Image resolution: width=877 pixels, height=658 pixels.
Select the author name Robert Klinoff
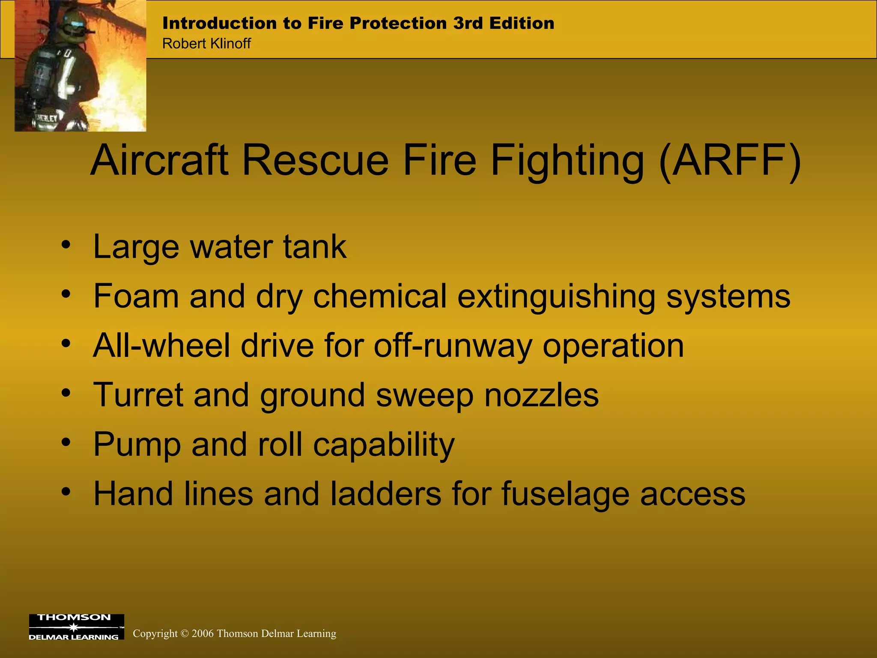pos(206,44)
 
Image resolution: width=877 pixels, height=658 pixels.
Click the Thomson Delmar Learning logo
pos(76,627)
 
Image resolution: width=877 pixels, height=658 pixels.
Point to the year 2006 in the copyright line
pos(202,634)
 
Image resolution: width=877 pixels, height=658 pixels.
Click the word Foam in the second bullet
pos(136,296)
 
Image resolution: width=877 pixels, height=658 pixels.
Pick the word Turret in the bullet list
pos(138,395)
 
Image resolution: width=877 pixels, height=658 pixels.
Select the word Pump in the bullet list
pos(137,445)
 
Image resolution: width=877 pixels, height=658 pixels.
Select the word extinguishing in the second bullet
pos(556,296)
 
